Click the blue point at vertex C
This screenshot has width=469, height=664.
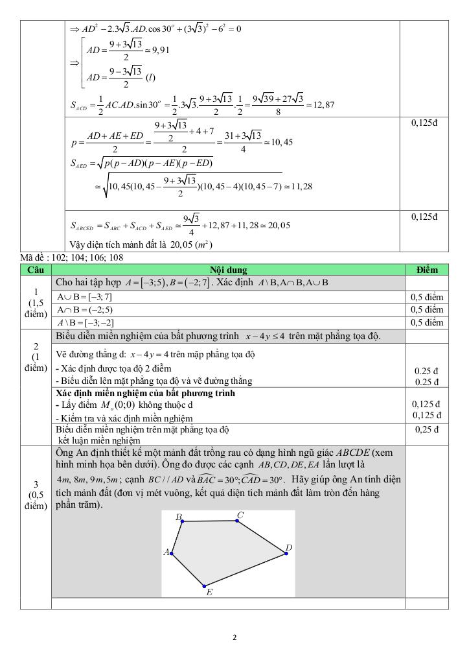point(236,520)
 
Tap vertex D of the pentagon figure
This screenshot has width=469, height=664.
point(285,553)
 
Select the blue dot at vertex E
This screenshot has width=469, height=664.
point(204,586)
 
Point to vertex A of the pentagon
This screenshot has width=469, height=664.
point(171,553)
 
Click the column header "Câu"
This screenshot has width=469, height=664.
point(36,270)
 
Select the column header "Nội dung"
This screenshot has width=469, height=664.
point(228,270)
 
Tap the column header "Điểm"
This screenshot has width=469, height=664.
point(426,270)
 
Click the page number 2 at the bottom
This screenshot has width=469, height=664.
point(234,637)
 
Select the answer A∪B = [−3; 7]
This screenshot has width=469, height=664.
point(84,296)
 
